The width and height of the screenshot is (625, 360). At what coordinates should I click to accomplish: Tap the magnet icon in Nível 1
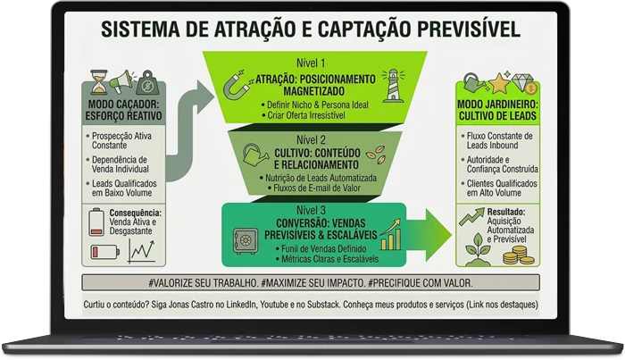pyautogui.click(x=238, y=85)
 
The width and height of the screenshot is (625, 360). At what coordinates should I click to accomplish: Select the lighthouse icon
pyautogui.click(x=393, y=86)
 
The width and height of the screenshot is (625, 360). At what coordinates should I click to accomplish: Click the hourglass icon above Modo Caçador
pyautogui.click(x=99, y=81)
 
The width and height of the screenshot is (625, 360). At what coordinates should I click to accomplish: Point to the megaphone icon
pyautogui.click(x=122, y=81)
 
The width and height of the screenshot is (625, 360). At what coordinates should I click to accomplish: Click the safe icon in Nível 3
pyautogui.click(x=246, y=241)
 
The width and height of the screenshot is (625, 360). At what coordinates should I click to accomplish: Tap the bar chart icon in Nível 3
pyautogui.click(x=391, y=234)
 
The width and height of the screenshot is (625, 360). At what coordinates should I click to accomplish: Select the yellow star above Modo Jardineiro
pyautogui.click(x=499, y=83)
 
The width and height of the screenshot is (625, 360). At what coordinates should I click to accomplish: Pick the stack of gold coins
pyautogui.click(x=518, y=255)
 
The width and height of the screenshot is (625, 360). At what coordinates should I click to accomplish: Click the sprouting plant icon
pyautogui.click(x=478, y=249)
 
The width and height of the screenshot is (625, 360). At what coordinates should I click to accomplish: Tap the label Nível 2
pyautogui.click(x=311, y=140)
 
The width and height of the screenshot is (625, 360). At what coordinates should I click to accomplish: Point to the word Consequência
pyautogui.click(x=136, y=213)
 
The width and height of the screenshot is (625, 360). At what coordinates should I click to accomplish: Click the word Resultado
pyautogui.click(x=506, y=212)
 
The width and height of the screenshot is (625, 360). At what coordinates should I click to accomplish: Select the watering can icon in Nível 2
pyautogui.click(x=255, y=155)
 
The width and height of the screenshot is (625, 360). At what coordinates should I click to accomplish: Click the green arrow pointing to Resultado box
pyautogui.click(x=429, y=235)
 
